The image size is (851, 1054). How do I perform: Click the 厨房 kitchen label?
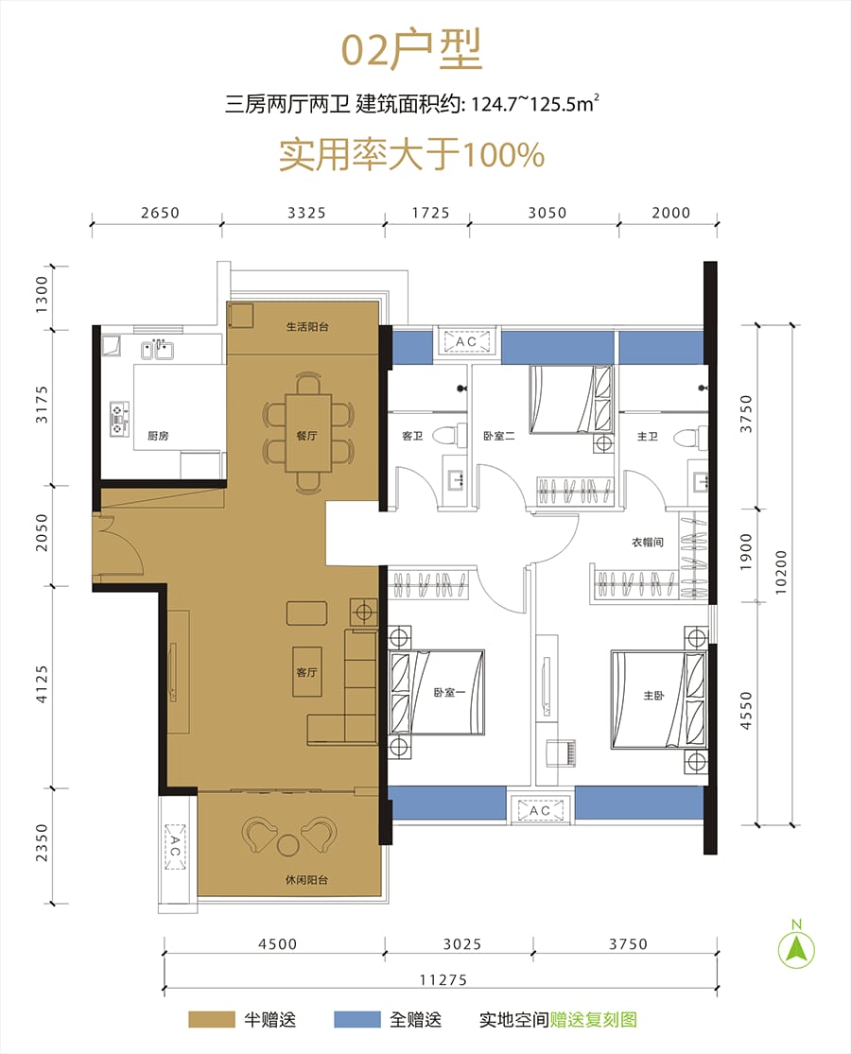[158, 436]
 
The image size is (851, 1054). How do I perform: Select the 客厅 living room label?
[306, 671]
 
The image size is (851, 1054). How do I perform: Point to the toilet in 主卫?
[690, 437]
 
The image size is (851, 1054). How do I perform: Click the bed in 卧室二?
[571, 399]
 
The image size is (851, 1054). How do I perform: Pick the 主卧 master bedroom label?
[653, 695]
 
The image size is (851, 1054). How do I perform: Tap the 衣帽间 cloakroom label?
[648, 542]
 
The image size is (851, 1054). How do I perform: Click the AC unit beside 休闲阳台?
[175, 846]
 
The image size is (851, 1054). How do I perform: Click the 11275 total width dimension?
[443, 979]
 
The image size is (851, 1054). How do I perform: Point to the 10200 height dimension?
[780, 572]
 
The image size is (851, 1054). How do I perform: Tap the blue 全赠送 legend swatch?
[356, 1019]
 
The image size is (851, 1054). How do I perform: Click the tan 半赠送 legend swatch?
[211, 1019]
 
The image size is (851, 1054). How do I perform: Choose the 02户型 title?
[411, 49]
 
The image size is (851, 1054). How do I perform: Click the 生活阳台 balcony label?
[307, 327]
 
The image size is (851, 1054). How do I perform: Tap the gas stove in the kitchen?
[120, 419]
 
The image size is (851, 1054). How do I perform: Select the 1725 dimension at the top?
[431, 213]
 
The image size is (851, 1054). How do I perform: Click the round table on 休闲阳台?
[288, 845]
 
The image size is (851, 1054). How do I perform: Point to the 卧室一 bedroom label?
[449, 692]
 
